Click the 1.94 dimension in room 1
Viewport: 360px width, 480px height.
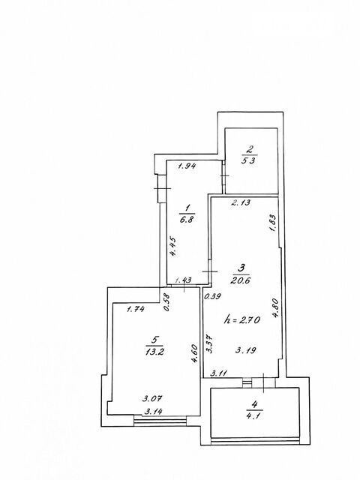tap(187, 166)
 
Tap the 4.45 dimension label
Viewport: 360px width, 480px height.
tap(173, 247)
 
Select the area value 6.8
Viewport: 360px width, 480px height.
tap(187, 220)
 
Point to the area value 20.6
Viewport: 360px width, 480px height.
tap(241, 280)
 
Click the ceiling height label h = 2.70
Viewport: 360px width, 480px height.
tap(242, 320)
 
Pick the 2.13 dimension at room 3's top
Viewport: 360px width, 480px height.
tap(241, 202)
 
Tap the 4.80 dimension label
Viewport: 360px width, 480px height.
tap(274, 308)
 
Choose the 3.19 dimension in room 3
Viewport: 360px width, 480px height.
tap(246, 350)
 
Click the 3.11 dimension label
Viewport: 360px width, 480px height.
tap(219, 373)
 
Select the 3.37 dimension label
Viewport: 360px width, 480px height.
tap(210, 343)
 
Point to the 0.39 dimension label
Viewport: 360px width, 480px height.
tap(213, 296)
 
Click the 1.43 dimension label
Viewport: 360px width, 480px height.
tap(183, 280)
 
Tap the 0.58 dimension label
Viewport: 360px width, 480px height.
tap(167, 303)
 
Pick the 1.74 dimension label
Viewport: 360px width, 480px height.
tap(136, 309)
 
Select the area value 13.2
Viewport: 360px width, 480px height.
tap(155, 351)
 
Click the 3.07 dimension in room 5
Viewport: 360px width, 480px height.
tap(153, 398)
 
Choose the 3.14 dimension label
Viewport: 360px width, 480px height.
tap(153, 412)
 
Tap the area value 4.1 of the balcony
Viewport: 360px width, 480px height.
tap(254, 416)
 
